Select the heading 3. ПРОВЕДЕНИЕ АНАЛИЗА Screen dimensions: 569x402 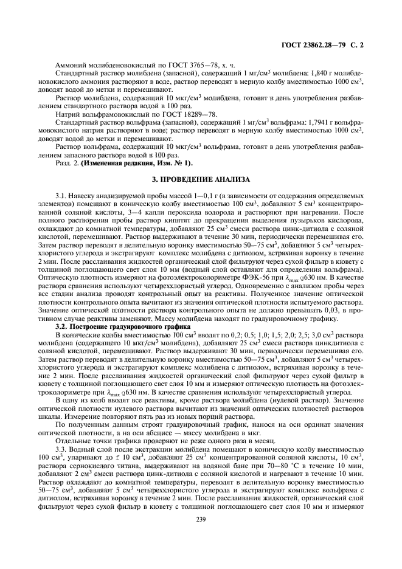click(x=201, y=181)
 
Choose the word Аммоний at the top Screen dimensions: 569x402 click(x=69, y=64)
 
